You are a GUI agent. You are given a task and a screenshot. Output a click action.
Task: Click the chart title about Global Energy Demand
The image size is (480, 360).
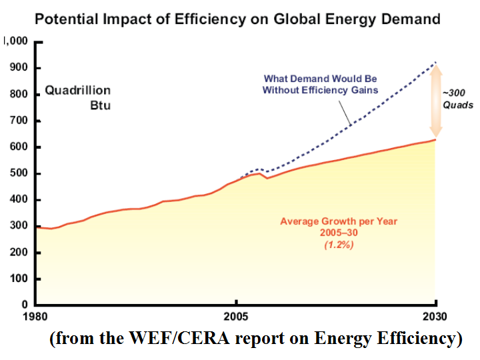pos(237,18)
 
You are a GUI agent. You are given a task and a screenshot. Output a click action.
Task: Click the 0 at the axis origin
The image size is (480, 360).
pos(23,305)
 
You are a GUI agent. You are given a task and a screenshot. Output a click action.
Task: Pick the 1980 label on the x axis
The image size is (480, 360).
pos(36,316)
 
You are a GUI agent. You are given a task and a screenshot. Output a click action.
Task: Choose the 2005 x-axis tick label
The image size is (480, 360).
pos(236,316)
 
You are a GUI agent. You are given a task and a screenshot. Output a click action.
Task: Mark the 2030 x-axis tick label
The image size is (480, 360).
pos(435,316)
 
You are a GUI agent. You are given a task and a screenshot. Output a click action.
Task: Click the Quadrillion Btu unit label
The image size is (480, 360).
pos(77,98)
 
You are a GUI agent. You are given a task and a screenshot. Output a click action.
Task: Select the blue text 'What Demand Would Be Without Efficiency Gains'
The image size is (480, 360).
pos(321,84)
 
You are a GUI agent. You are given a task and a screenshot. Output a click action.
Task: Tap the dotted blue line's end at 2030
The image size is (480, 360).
pos(435,62)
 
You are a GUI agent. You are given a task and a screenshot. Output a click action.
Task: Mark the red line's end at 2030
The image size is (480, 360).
pos(435,139)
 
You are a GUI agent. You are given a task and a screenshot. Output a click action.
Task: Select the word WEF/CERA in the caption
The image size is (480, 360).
pos(185,338)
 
